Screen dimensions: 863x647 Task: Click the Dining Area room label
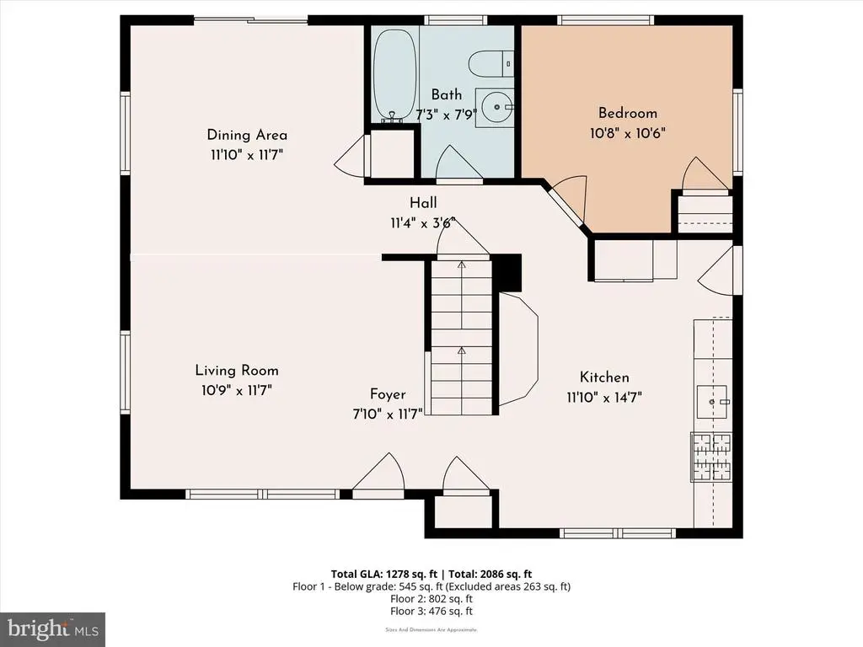247,135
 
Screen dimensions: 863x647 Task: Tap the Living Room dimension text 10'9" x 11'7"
237,391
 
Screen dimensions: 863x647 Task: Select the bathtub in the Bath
394,75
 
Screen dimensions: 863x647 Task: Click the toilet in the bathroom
491,64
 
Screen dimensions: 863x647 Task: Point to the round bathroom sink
494,106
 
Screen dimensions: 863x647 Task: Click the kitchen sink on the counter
713,402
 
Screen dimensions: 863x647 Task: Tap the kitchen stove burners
711,457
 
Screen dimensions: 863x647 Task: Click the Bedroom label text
628,113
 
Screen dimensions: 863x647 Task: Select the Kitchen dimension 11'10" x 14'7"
604,398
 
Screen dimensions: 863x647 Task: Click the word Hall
423,203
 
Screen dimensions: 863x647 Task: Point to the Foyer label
388,394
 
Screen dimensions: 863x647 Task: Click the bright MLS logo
53,628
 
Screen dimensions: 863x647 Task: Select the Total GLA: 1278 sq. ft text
383,575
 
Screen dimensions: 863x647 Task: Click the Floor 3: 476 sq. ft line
431,612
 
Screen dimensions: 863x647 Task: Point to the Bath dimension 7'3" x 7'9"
447,115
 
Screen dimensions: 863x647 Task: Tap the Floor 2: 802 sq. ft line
431,599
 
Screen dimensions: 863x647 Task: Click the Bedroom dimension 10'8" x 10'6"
628,133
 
